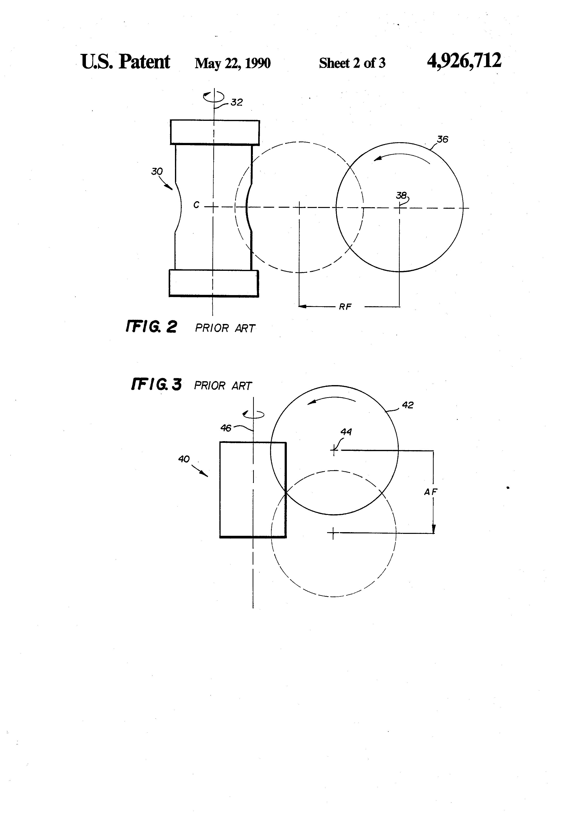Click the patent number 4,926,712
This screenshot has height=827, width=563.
pyautogui.click(x=464, y=61)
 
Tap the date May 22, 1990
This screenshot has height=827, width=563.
pyautogui.click(x=233, y=63)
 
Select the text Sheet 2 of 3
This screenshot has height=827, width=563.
pyautogui.click(x=352, y=63)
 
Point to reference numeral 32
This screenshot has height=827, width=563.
pyautogui.click(x=237, y=102)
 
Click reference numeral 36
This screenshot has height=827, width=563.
pyautogui.click(x=442, y=139)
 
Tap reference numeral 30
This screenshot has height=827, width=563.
pyautogui.click(x=157, y=172)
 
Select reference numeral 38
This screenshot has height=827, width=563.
pyautogui.click(x=401, y=195)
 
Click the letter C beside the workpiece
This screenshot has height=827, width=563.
pyautogui.click(x=196, y=205)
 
